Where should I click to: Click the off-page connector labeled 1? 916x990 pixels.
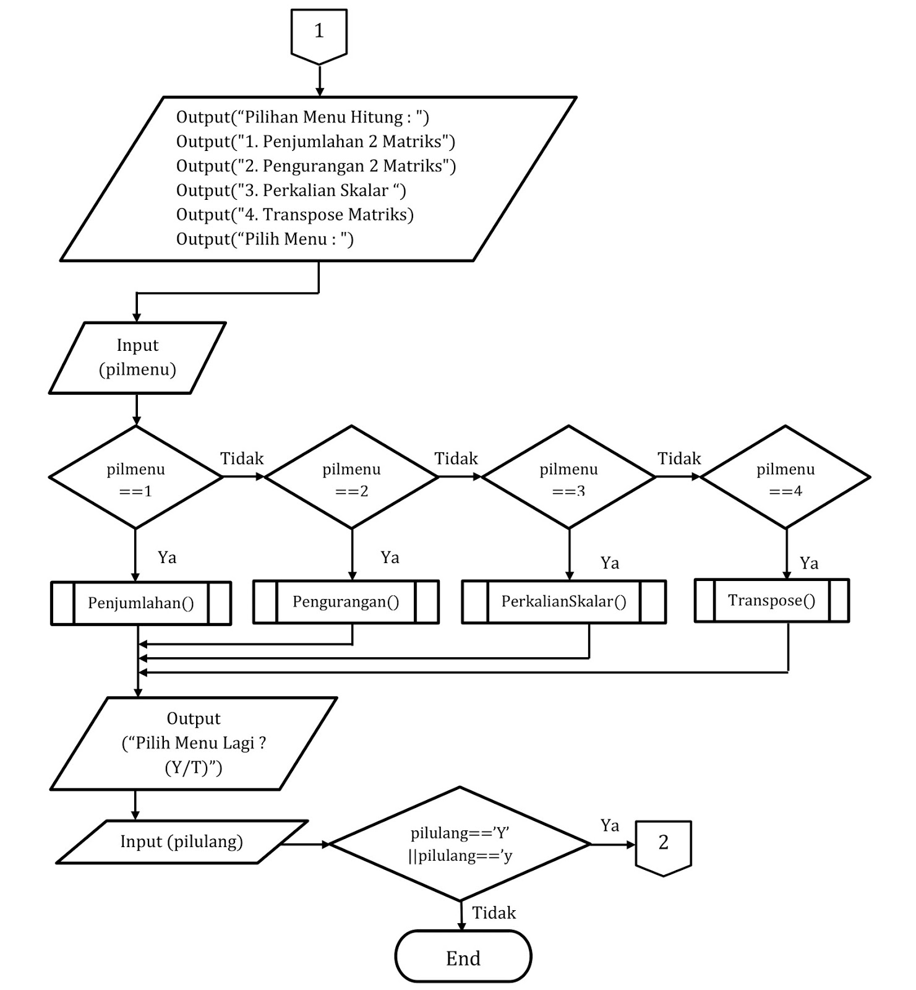point(319,34)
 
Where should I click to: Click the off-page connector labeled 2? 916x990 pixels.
point(663,846)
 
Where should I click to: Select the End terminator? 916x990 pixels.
point(463,957)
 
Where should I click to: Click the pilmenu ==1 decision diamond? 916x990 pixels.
point(135,478)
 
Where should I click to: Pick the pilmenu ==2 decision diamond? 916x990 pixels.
point(351,478)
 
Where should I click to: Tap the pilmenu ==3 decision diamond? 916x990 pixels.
point(568,478)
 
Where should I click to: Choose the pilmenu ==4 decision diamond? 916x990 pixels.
point(785,478)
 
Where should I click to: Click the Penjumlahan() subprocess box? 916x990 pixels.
point(141,603)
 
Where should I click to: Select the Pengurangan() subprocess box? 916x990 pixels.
point(346,602)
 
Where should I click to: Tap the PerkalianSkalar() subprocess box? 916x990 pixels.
point(563,602)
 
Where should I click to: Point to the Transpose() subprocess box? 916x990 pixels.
point(771,601)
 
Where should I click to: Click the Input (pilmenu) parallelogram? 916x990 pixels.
point(137,358)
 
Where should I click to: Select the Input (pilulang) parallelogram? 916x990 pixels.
point(182,842)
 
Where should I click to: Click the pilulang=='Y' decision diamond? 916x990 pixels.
point(460,845)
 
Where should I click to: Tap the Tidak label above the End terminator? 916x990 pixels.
point(494,913)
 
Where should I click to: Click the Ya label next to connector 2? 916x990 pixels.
point(609,826)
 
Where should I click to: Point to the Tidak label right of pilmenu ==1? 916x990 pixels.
point(242,459)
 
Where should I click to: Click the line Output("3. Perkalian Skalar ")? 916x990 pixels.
point(291,191)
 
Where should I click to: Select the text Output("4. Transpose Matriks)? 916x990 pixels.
point(294,215)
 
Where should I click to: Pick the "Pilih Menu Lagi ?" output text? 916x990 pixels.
point(194,743)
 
